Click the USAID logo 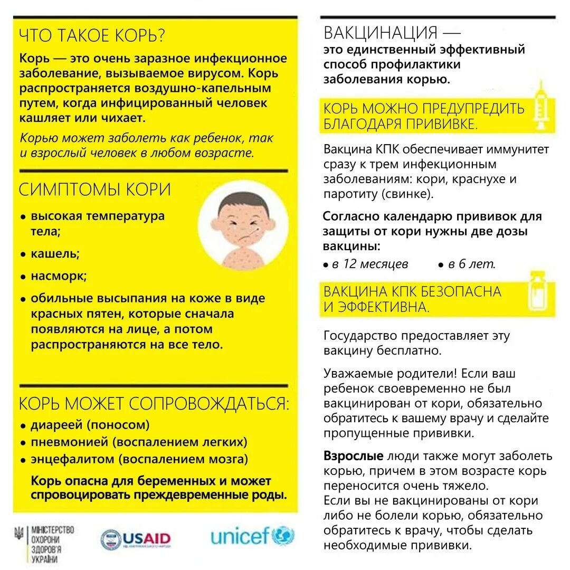[x=136, y=539]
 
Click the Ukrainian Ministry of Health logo [x=44, y=543]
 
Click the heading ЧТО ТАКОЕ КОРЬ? [x=92, y=36]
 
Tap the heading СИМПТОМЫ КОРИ [x=95, y=189]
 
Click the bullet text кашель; [x=55, y=253]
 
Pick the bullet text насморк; [x=59, y=276]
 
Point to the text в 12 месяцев [x=369, y=264]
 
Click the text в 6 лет [x=471, y=264]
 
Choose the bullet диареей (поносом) [x=90, y=425]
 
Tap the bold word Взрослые [x=353, y=455]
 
